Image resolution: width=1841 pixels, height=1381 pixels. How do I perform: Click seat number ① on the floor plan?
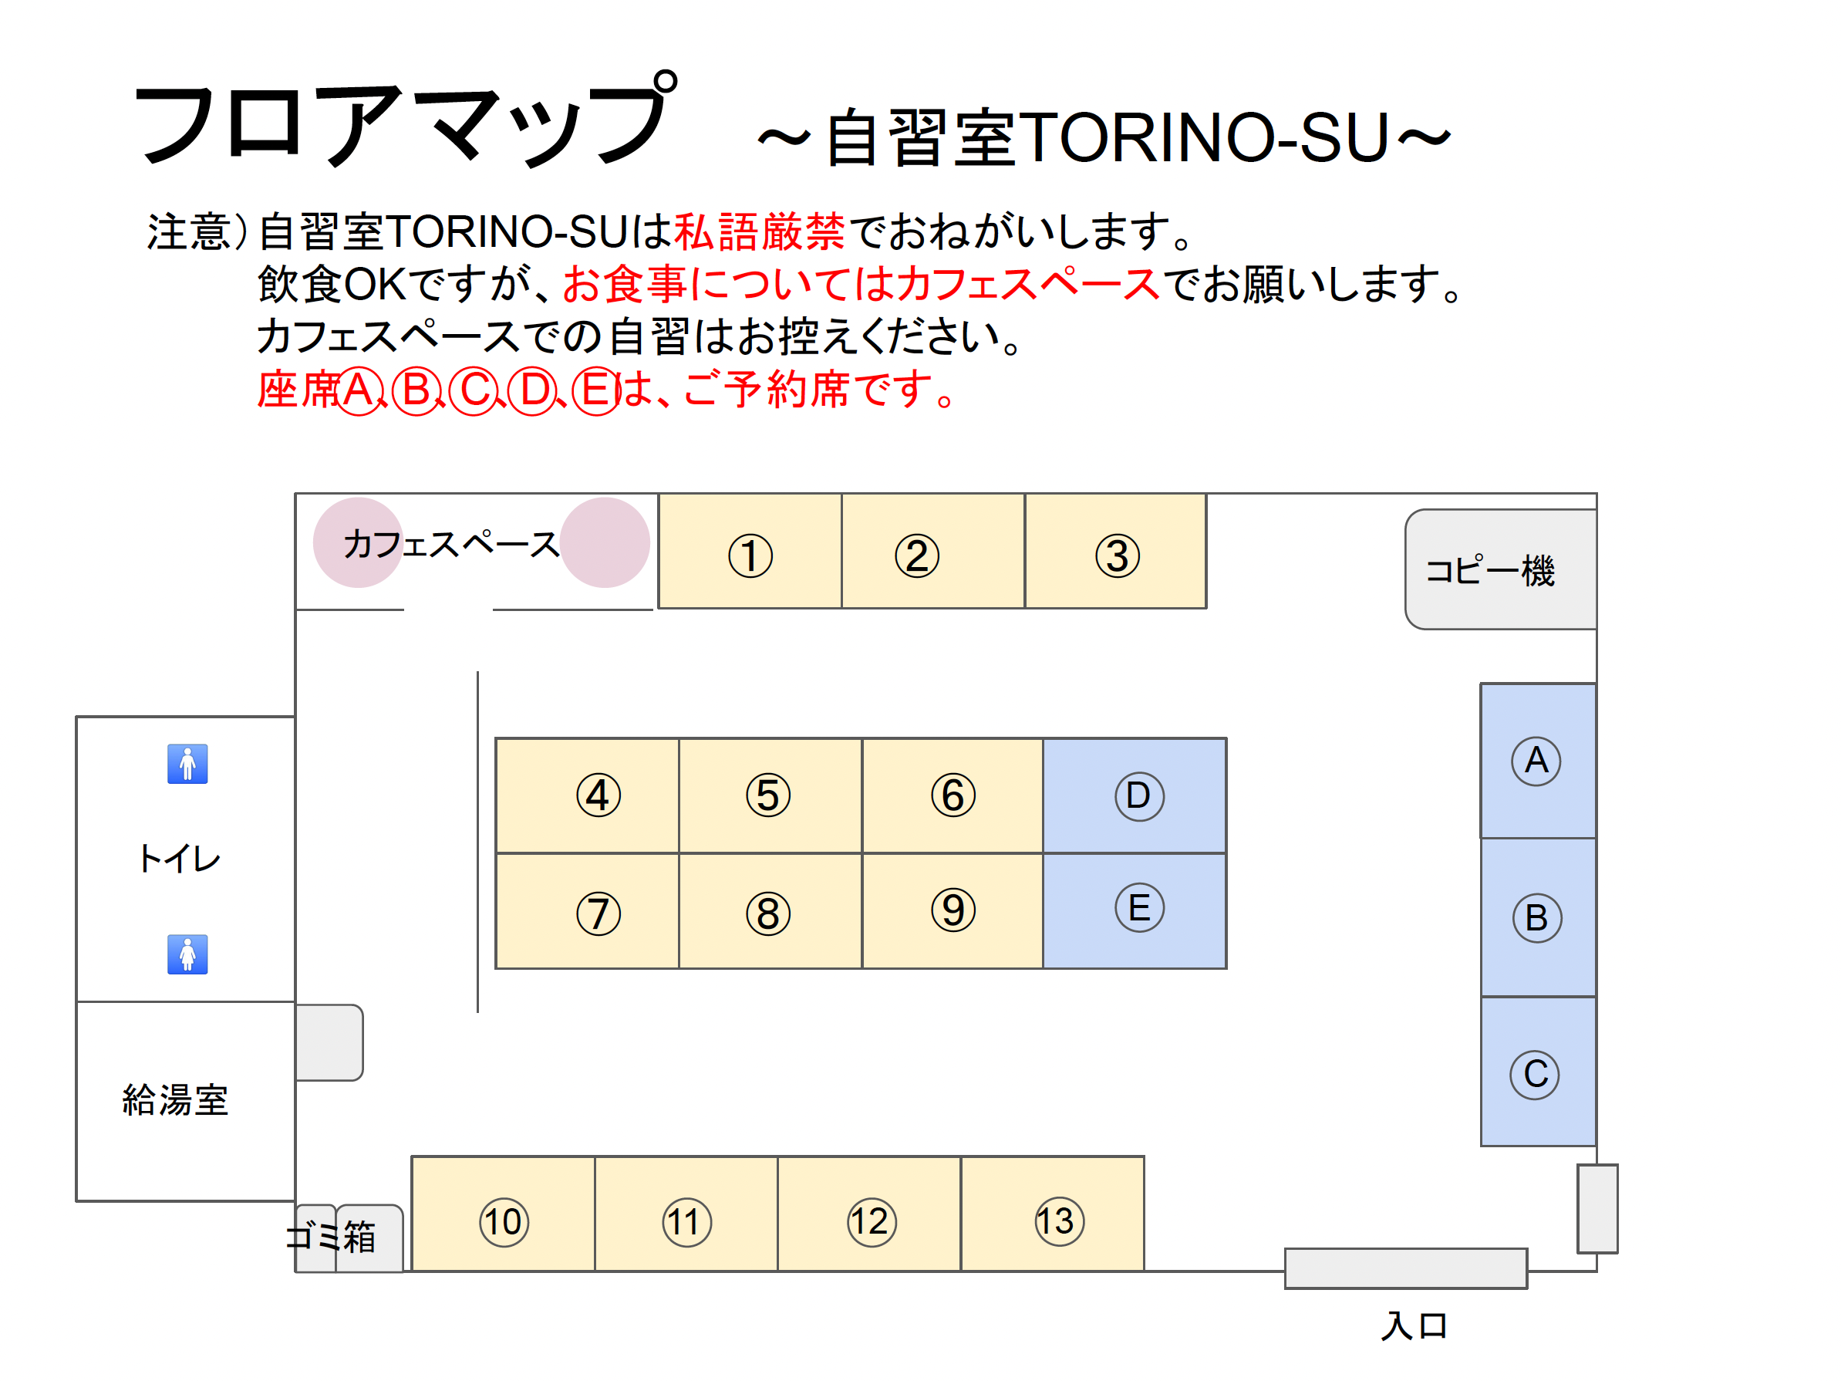click(750, 551)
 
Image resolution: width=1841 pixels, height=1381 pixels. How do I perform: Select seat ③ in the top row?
click(1116, 551)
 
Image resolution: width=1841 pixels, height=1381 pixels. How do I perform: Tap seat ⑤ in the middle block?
click(770, 795)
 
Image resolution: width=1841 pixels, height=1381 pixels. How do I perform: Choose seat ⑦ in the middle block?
click(588, 910)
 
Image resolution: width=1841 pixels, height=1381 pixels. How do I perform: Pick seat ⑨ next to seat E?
click(953, 910)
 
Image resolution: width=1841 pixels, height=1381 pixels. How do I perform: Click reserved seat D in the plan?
click(1135, 795)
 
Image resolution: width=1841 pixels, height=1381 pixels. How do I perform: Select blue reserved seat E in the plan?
click(1135, 910)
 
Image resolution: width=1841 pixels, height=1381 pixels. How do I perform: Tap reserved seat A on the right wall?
click(1538, 761)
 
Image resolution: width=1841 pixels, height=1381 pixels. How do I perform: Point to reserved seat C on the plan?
click(1538, 1072)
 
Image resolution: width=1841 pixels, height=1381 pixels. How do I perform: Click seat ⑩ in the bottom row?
click(504, 1214)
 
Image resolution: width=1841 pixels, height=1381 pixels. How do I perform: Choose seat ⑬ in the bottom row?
click(1053, 1214)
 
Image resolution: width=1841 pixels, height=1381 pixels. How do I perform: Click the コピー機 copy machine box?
click(1501, 569)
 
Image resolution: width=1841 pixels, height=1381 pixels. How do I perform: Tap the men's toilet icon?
click(187, 763)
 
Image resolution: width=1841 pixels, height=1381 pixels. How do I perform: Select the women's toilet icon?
click(187, 954)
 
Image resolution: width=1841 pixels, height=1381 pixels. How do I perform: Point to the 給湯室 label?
click(176, 1099)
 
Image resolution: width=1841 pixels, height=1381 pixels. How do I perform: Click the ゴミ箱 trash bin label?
click(331, 1236)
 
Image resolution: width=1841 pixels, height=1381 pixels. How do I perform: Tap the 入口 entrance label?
click(1414, 1325)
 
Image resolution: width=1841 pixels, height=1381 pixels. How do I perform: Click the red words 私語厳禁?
click(760, 231)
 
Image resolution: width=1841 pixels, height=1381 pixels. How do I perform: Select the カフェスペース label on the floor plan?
click(451, 545)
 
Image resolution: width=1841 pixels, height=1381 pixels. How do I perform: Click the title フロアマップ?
click(407, 120)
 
